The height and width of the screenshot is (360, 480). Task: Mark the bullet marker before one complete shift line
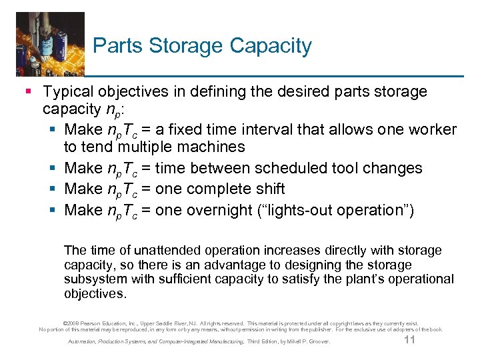point(54,189)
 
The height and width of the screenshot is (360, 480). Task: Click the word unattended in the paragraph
point(167,251)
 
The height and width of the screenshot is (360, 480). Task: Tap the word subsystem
point(96,279)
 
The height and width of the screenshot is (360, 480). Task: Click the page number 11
point(410,341)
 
